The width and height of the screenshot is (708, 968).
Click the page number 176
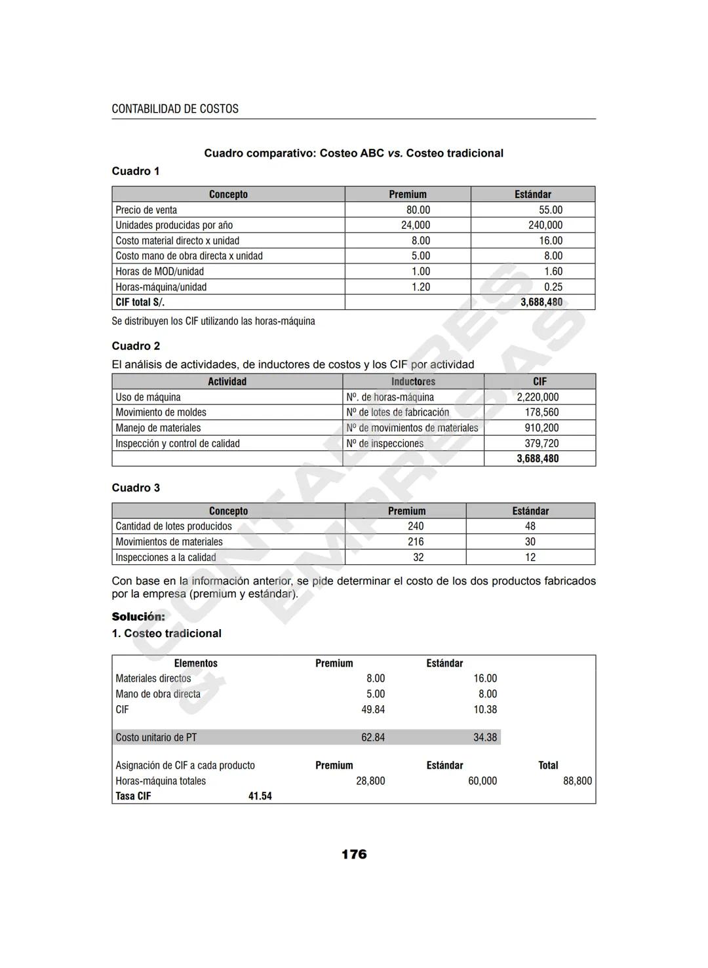click(354, 854)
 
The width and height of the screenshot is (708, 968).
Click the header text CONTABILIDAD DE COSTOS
click(175, 109)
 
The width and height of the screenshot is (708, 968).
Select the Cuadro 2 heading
click(136, 346)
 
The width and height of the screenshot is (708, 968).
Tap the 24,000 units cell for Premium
click(416, 225)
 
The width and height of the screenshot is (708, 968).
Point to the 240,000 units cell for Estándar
click(545, 225)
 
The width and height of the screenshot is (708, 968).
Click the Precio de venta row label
click(146, 210)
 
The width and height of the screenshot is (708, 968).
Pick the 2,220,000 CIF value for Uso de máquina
click(538, 397)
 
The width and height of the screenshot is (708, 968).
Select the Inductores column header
click(413, 381)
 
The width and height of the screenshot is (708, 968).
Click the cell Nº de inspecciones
click(385, 444)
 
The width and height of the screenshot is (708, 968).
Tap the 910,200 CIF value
click(541, 428)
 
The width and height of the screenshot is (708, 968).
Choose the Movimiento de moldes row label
click(161, 412)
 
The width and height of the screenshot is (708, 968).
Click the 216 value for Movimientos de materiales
click(416, 542)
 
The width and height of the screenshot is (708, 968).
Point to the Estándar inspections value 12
click(530, 557)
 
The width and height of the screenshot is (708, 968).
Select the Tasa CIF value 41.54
click(260, 796)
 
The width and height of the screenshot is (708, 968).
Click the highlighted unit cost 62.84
click(373, 737)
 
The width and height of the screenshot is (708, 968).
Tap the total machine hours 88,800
click(577, 781)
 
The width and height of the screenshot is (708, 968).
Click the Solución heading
click(138, 617)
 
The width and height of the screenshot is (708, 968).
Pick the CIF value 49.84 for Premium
click(373, 710)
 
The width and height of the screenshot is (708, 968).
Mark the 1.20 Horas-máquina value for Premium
click(420, 287)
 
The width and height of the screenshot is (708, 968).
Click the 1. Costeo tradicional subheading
click(167, 633)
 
